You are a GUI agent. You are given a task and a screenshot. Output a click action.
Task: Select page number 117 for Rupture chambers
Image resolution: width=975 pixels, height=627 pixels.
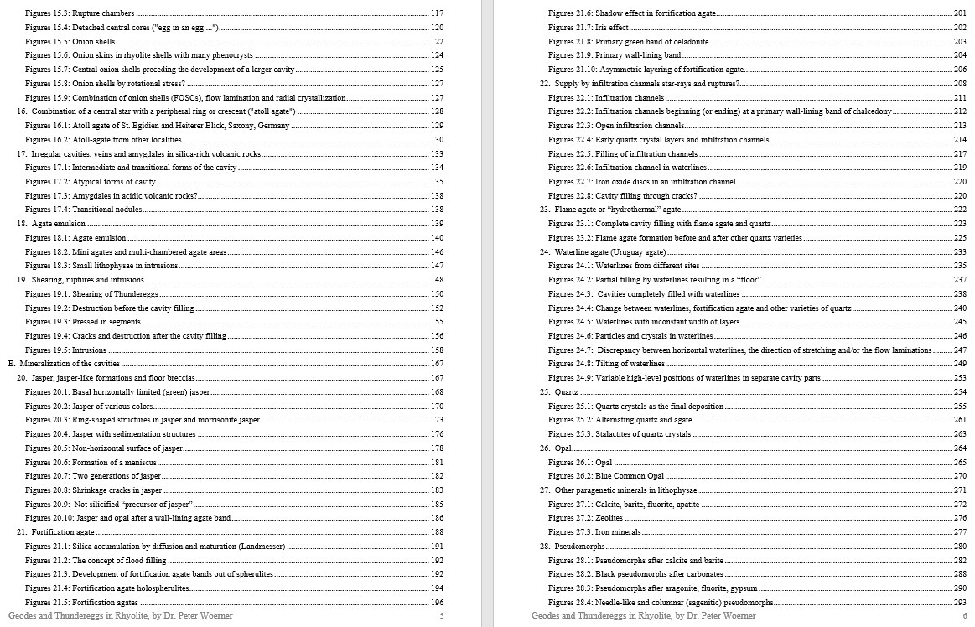(437, 13)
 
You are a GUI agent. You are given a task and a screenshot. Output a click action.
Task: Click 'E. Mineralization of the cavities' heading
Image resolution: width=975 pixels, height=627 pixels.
(64, 364)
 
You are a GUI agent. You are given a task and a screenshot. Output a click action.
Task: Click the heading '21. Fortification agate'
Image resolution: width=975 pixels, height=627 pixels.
(55, 532)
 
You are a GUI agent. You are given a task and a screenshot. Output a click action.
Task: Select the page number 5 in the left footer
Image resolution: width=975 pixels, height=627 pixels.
(442, 616)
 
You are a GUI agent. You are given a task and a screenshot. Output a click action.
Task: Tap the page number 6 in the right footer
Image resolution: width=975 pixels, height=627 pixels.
(964, 616)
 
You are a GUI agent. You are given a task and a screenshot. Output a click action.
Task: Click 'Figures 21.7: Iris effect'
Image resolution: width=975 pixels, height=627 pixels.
(589, 28)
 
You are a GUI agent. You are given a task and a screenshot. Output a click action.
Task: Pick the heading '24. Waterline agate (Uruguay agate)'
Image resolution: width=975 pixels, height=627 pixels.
(603, 251)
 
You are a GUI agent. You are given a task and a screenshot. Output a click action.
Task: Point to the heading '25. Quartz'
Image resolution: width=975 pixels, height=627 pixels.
(559, 391)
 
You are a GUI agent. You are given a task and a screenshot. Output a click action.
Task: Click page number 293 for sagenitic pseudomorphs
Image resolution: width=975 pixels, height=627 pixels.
(960, 602)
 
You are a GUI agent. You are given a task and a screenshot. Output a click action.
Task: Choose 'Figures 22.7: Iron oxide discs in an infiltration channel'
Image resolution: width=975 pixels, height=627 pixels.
(641, 182)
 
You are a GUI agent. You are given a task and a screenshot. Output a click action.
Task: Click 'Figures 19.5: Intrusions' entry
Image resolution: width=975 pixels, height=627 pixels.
(65, 350)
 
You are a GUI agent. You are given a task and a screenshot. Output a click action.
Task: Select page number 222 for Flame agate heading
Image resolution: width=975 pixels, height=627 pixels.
(960, 210)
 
